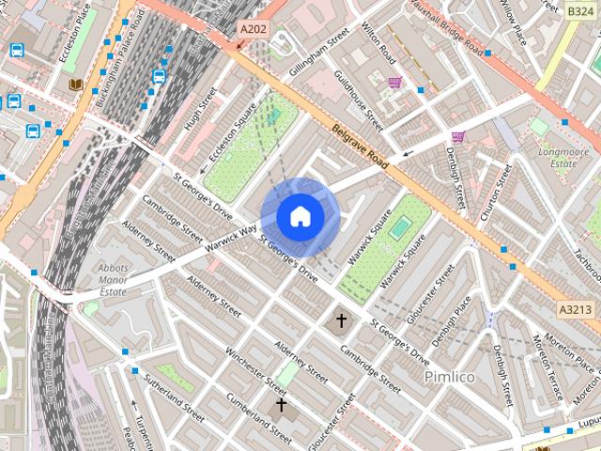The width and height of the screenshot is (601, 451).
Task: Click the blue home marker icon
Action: tap(300, 216)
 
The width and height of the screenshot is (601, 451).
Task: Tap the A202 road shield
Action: tap(253, 30)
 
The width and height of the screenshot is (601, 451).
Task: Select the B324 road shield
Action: tap(580, 11)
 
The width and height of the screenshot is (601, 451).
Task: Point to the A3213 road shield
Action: tap(575, 308)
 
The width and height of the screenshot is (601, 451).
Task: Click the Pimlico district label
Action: tap(450, 376)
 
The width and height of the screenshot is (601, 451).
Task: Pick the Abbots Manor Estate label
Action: tap(113, 279)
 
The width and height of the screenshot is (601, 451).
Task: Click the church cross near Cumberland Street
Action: tap(280, 406)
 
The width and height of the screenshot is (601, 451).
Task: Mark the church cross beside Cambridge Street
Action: tap(341, 321)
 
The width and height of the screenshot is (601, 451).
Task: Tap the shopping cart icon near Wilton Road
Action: tap(394, 83)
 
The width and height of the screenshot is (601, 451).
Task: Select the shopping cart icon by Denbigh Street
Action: tap(457, 136)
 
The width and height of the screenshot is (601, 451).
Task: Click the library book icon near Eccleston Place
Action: tap(75, 85)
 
